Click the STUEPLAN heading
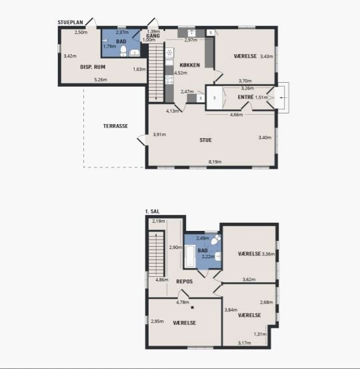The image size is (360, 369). pos(70,23)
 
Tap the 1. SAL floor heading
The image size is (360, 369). pos(153,212)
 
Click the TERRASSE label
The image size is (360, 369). pos(115,126)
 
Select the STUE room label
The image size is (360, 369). pos(205,140)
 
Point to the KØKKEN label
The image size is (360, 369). pos(190,65)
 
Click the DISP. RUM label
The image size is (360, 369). pos(93,67)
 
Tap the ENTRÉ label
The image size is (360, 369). pos(245,97)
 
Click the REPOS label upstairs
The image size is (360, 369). pos(185,282)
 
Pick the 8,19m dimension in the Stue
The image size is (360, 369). pos(215,162)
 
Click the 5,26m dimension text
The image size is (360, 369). pos(101,80)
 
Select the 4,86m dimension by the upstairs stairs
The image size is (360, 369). pos(162,280)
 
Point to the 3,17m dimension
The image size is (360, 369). pos(244,343)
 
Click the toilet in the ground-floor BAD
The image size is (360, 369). pos(123,51)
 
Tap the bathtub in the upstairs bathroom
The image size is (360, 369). pos(190,256)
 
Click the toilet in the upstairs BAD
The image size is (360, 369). pos(215,240)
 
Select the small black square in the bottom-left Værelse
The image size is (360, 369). pos(193,308)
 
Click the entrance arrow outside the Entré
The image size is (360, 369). pos(283,97)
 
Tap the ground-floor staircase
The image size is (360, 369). pos(156,73)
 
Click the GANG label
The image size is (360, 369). pos(153,36)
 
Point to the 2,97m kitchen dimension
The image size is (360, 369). pos(191,40)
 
